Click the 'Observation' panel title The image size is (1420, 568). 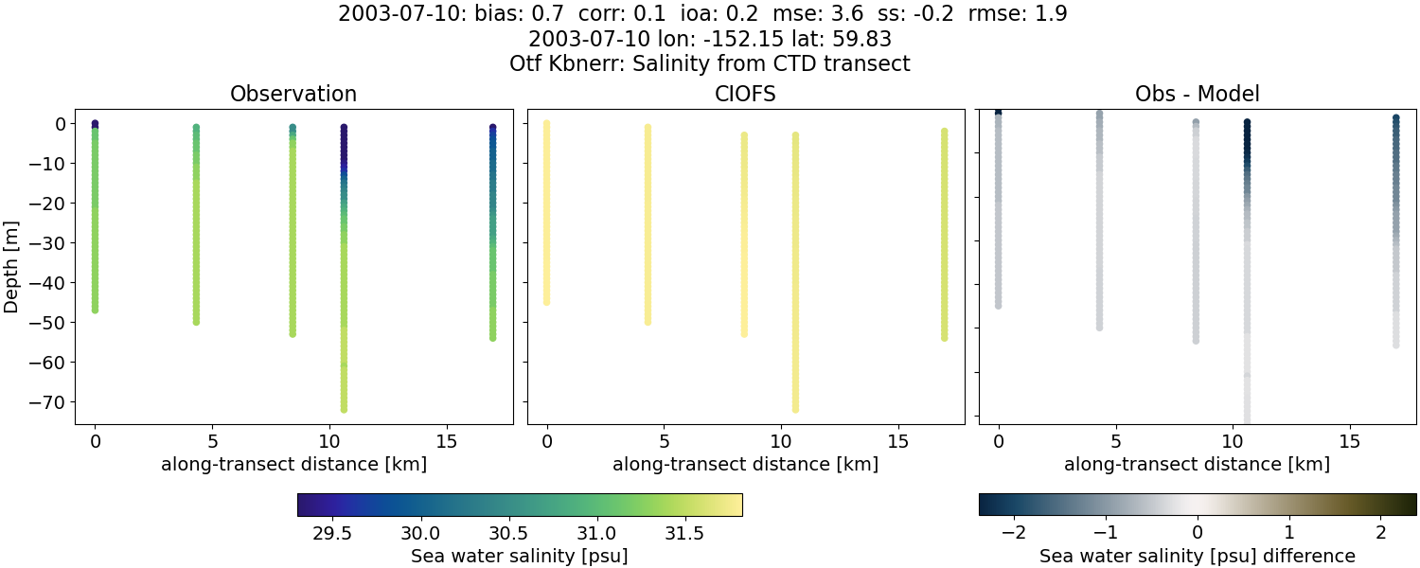coord(293,94)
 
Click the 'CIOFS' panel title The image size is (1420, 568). coord(744,94)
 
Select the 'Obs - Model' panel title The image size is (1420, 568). coord(1197,94)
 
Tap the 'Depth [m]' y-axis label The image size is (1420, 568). coord(11,268)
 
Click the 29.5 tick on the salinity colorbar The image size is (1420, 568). coord(332,533)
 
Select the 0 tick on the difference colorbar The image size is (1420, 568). coord(1198,533)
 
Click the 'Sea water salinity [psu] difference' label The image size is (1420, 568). coord(1198,556)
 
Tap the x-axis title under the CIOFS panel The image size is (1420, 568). coord(745,464)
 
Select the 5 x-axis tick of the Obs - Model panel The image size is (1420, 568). coord(1116,440)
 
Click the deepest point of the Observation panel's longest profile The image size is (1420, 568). coord(344,409)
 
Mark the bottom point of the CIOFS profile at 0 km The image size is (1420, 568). coord(546,302)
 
